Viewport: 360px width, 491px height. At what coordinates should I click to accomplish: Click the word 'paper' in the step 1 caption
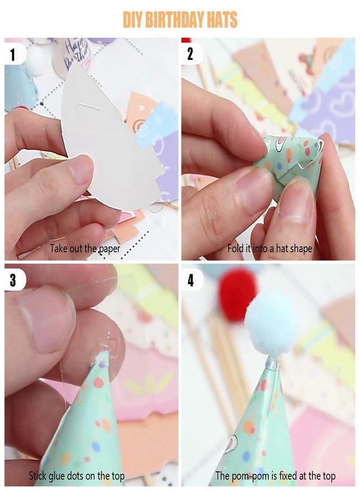pyautogui.click(x=109, y=249)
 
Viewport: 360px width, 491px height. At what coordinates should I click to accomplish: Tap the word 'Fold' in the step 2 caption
pyautogui.click(x=235, y=249)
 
